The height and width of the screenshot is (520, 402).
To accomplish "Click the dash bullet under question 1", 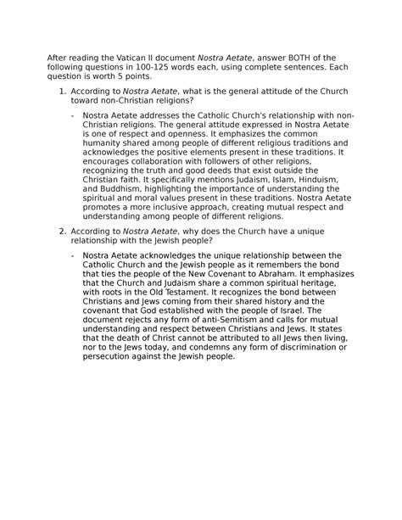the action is (x=74, y=114).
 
